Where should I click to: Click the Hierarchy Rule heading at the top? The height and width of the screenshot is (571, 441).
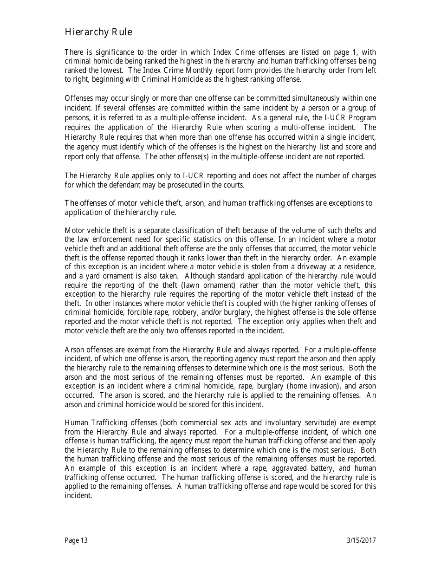point(98,32)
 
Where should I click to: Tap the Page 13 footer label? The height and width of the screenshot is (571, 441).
point(76,540)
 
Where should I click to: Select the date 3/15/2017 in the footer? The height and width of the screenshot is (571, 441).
point(361,540)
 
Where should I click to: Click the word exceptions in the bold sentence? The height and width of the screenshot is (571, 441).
point(346,203)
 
